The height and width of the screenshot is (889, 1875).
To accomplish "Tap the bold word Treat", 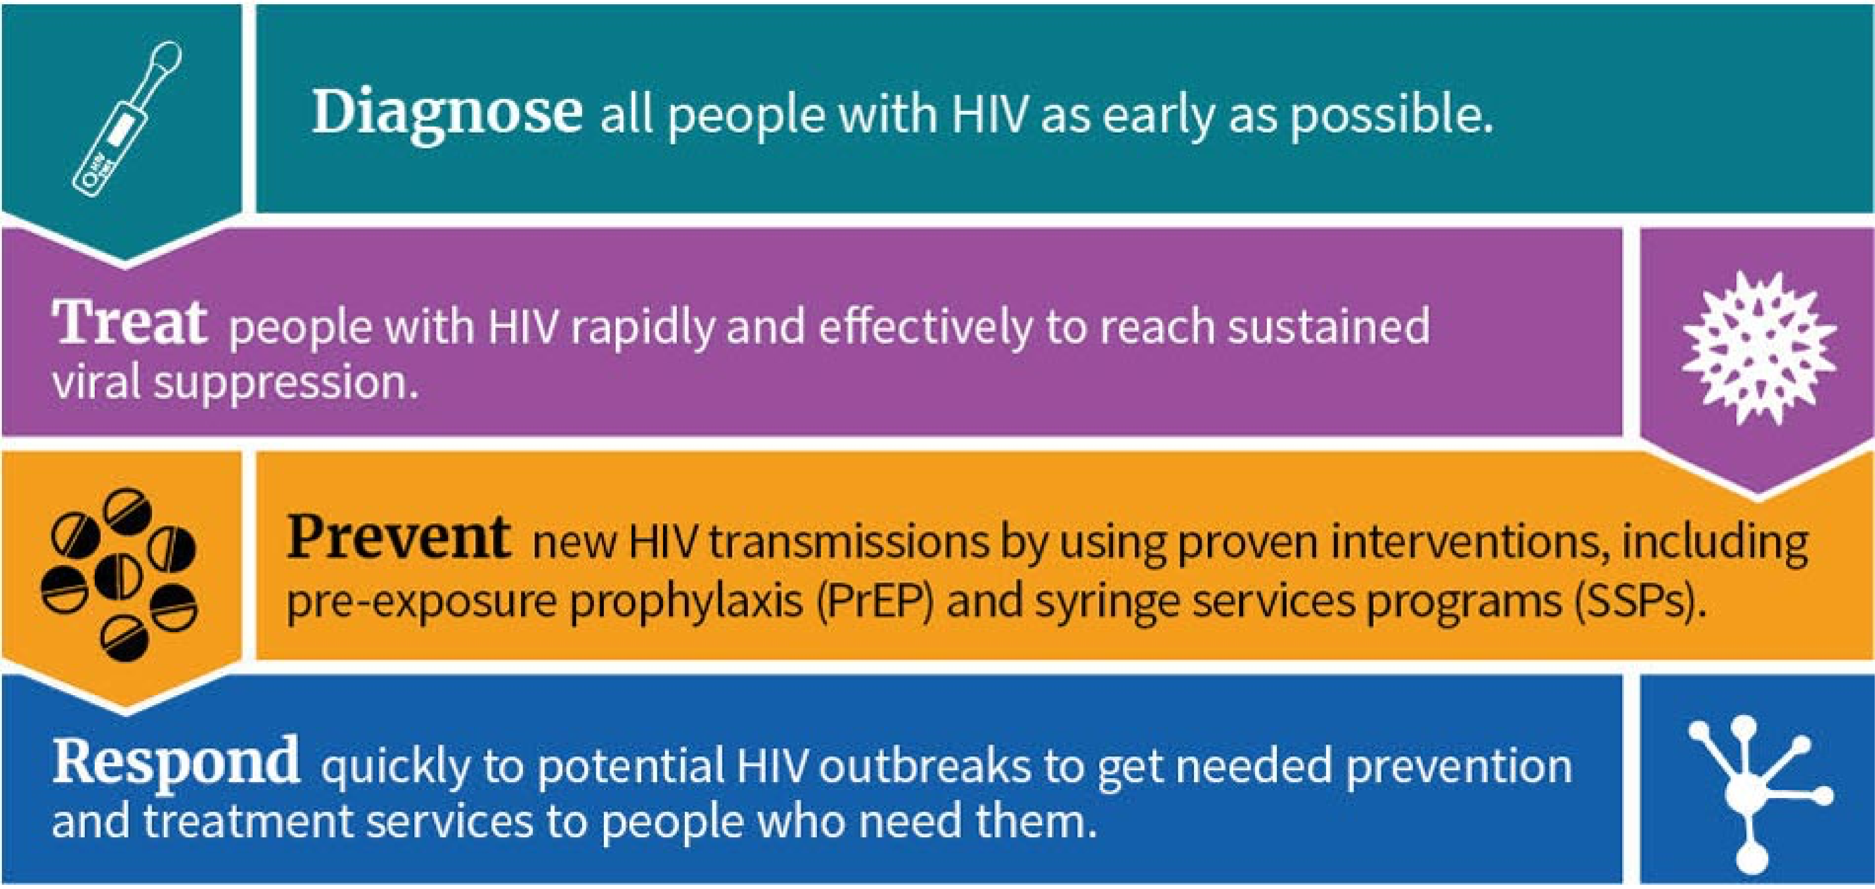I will (x=129, y=323).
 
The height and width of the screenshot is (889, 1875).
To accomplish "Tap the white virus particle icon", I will (x=1758, y=348).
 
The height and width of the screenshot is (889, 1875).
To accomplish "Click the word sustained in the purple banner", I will (x=1329, y=326).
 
